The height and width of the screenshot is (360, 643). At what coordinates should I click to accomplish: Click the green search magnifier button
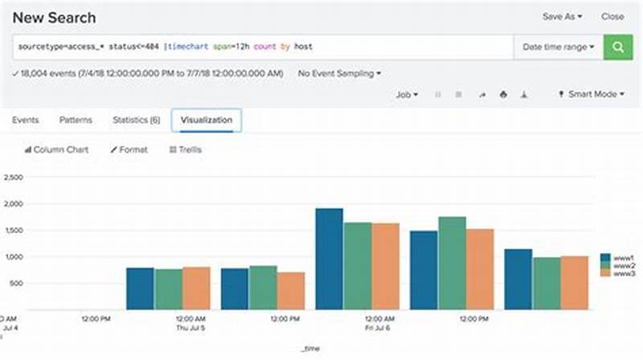coord(618,47)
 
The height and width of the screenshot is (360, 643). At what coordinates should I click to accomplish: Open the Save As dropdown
coord(562,16)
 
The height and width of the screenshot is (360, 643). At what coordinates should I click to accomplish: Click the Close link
coord(612,16)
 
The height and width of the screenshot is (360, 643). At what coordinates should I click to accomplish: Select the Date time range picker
coord(559,47)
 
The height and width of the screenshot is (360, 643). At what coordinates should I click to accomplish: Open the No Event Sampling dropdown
coord(339,73)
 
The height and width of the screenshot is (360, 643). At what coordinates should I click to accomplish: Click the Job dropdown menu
coord(407,94)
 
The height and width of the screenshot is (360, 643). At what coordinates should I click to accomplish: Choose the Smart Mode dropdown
coord(591,94)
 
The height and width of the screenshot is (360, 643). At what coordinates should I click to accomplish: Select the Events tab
coord(25,120)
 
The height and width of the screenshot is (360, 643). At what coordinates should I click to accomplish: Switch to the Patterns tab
coord(76,120)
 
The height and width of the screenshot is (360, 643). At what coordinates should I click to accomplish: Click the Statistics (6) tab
coord(136,120)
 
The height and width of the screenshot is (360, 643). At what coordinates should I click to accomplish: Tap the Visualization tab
coord(207,120)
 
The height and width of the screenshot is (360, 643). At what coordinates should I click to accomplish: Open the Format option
coord(129,149)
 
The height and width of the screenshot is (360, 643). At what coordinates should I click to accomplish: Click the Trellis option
coord(185,149)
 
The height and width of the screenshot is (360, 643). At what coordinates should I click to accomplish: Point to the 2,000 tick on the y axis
coord(14,204)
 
